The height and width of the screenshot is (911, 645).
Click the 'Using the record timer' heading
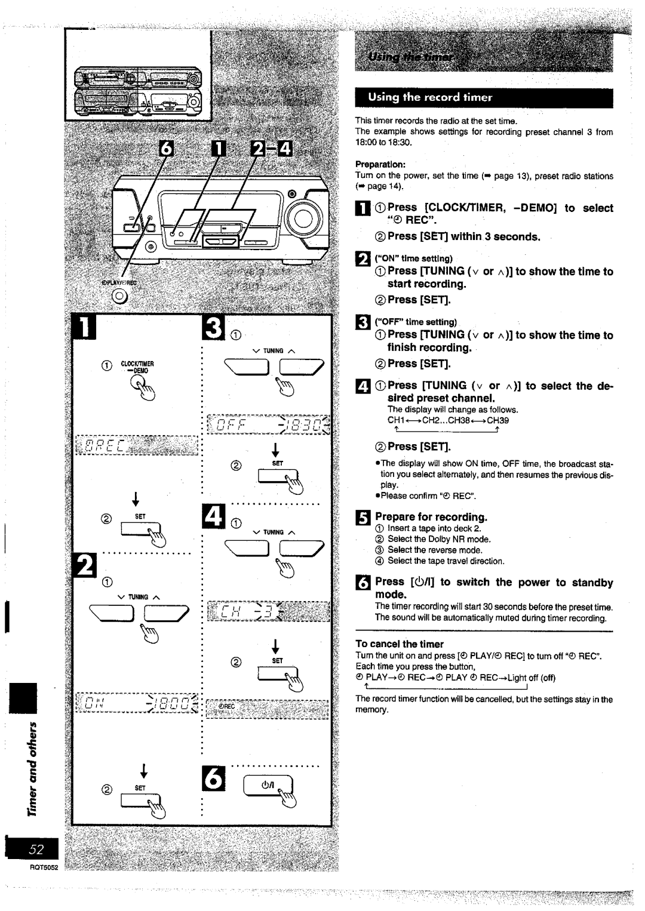pyautogui.click(x=430, y=97)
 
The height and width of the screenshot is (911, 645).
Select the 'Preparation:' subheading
pyautogui.click(x=380, y=164)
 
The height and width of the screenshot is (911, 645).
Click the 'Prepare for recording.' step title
pyautogui.click(x=431, y=517)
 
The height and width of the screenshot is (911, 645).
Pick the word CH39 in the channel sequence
pyautogui.click(x=497, y=420)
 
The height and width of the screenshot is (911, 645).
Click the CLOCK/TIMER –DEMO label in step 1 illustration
pyautogui.click(x=137, y=367)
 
